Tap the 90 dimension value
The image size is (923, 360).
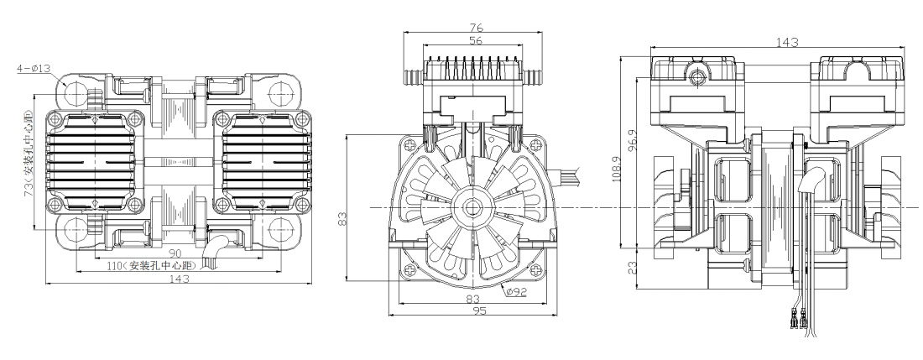[x=177, y=253]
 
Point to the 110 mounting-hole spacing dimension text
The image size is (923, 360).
[x=160, y=266]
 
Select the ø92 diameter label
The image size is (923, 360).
[x=516, y=292]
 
